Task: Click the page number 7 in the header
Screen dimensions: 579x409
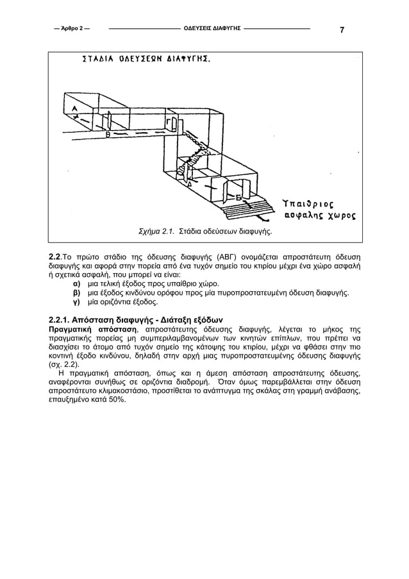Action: click(x=342, y=30)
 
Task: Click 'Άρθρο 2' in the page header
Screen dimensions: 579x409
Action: click(x=72, y=29)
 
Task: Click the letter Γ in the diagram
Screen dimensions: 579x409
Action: click(x=168, y=122)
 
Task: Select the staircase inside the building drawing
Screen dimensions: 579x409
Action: click(x=192, y=151)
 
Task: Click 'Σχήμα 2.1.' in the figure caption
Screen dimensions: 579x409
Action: click(x=156, y=230)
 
